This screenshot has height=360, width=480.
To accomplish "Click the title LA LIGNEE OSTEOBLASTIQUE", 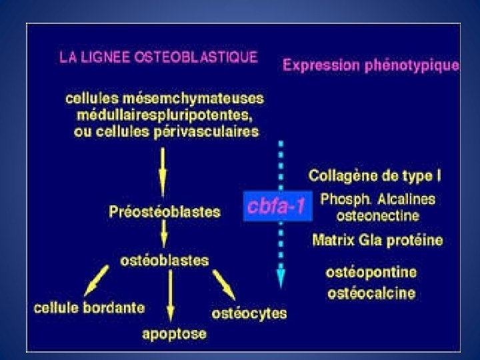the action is click(158, 57).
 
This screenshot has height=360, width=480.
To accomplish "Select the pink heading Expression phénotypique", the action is click(371, 65).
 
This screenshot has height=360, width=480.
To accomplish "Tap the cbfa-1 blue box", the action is click(275, 207).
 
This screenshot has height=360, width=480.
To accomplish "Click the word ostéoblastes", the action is click(164, 260).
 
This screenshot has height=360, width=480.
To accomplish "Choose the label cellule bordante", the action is click(89, 308).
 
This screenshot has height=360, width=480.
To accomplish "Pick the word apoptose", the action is click(175, 333).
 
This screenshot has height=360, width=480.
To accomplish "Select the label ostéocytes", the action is click(249, 313).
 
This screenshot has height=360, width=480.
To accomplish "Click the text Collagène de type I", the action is click(375, 177).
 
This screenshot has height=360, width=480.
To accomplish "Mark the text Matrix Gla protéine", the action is click(377, 240).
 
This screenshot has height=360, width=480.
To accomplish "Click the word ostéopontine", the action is click(371, 273).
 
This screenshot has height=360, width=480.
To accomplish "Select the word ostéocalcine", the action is click(371, 293).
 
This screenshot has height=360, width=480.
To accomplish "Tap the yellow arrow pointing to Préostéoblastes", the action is click(162, 169).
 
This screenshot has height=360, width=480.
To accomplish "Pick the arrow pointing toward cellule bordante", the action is click(97, 280).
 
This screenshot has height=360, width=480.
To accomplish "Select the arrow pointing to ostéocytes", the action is click(225, 285).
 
